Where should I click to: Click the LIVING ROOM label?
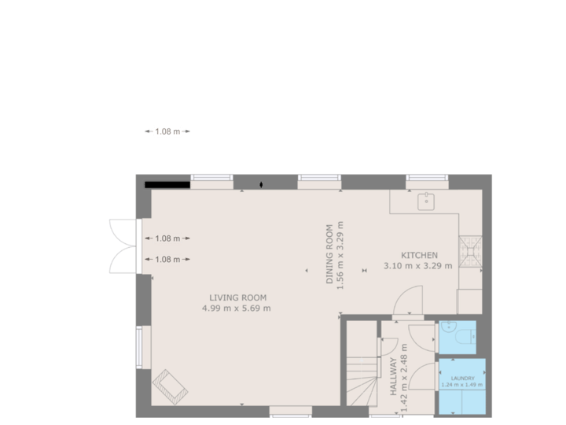click(237, 297)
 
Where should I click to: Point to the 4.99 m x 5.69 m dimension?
click(237, 308)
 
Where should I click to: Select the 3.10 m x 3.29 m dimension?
click(417, 266)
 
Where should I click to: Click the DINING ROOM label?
click(331, 248)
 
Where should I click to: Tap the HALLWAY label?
click(393, 378)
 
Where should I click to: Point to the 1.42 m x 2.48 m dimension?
click(404, 378)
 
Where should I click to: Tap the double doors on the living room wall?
click(124, 245)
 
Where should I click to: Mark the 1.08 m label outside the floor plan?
click(167, 131)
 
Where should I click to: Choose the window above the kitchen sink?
click(427, 179)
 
